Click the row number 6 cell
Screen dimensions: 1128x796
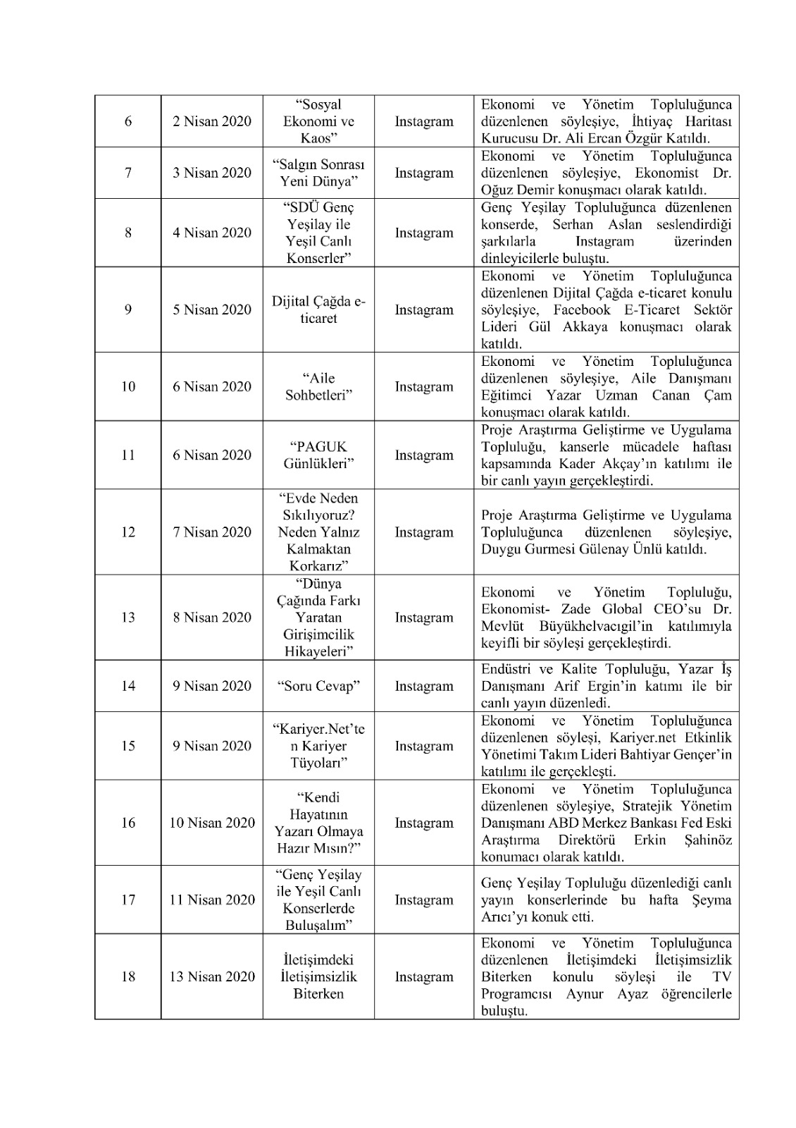128,121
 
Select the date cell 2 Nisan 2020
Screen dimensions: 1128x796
212,121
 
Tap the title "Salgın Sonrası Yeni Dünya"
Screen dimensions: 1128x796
318,173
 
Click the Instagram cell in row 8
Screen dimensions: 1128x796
424,233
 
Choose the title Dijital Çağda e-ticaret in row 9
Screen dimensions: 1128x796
318,310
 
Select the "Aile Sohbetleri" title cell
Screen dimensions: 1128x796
318,386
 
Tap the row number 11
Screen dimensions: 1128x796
128,455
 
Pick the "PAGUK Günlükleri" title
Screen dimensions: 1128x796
318,455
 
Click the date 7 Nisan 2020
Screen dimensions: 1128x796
212,532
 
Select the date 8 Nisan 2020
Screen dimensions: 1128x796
212,618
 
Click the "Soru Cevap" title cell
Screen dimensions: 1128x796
318,686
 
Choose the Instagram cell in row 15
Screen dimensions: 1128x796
424,746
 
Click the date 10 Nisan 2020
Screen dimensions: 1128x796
212,823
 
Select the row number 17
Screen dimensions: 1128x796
128,900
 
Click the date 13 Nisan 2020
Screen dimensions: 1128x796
212,976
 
